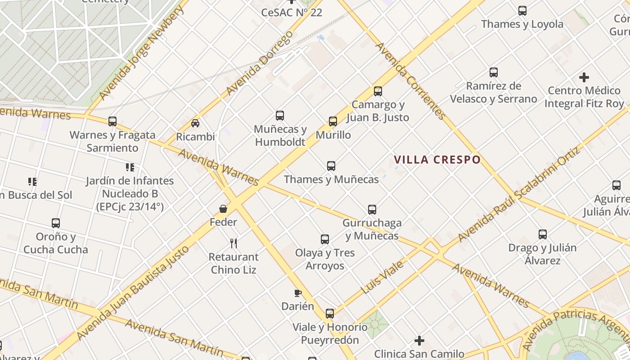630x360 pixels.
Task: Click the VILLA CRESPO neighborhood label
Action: pyautogui.click(x=437, y=160)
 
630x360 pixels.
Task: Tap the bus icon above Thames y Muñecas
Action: pyautogui.click(x=331, y=166)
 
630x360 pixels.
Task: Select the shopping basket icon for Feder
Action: pyautogui.click(x=223, y=209)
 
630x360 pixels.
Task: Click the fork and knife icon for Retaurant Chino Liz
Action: pyautogui.click(x=234, y=243)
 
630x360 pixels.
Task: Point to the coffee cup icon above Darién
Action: pyautogui.click(x=297, y=293)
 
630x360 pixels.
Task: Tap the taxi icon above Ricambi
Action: pyautogui.click(x=195, y=123)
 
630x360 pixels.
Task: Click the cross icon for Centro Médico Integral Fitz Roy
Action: pyautogui.click(x=584, y=77)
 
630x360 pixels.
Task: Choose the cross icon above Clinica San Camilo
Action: pyautogui.click(x=419, y=341)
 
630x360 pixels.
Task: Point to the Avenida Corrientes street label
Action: pyautogui.click(x=410, y=81)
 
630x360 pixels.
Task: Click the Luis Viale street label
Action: pyautogui.click(x=382, y=277)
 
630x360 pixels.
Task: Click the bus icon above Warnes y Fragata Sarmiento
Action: pyautogui.click(x=112, y=121)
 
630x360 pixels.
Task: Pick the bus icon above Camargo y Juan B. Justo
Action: pyautogui.click(x=378, y=91)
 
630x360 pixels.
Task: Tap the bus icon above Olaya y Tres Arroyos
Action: pyautogui.click(x=325, y=239)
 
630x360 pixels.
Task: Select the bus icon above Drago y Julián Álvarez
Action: pyautogui.click(x=543, y=234)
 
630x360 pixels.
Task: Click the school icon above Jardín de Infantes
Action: pyautogui.click(x=130, y=167)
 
